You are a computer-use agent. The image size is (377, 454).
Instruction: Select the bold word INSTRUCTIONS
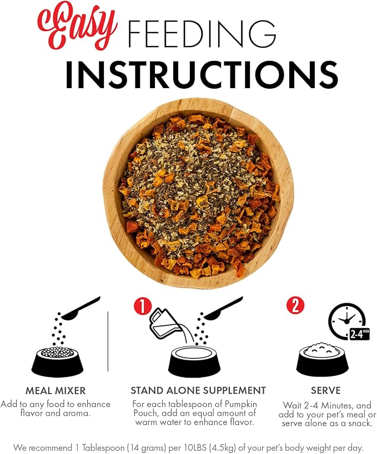202,74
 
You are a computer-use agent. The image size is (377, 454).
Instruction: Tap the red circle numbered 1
143,307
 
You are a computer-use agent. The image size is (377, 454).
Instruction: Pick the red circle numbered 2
295,305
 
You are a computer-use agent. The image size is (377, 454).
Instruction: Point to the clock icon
346,320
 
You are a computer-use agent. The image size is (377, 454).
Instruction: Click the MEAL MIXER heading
56,391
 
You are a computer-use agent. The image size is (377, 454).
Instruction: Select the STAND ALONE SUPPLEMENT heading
198,390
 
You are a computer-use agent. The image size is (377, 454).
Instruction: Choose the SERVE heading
326,390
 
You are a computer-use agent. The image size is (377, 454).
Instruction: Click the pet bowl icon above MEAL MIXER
57,361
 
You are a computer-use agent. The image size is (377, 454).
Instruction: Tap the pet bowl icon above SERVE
322,359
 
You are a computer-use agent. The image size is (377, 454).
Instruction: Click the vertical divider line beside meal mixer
108,341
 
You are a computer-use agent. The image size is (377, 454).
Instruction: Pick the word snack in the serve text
359,424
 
